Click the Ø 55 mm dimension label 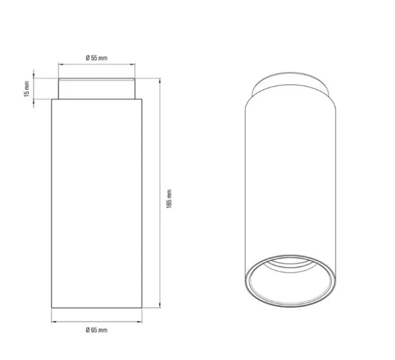96,57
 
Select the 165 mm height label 169,198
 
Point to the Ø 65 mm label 96,330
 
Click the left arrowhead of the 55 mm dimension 59,65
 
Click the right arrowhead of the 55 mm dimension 134,65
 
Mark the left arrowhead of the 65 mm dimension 53,322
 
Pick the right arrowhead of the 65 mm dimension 140,322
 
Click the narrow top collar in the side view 96,89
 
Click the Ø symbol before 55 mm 87,57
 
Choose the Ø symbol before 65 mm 87,330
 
